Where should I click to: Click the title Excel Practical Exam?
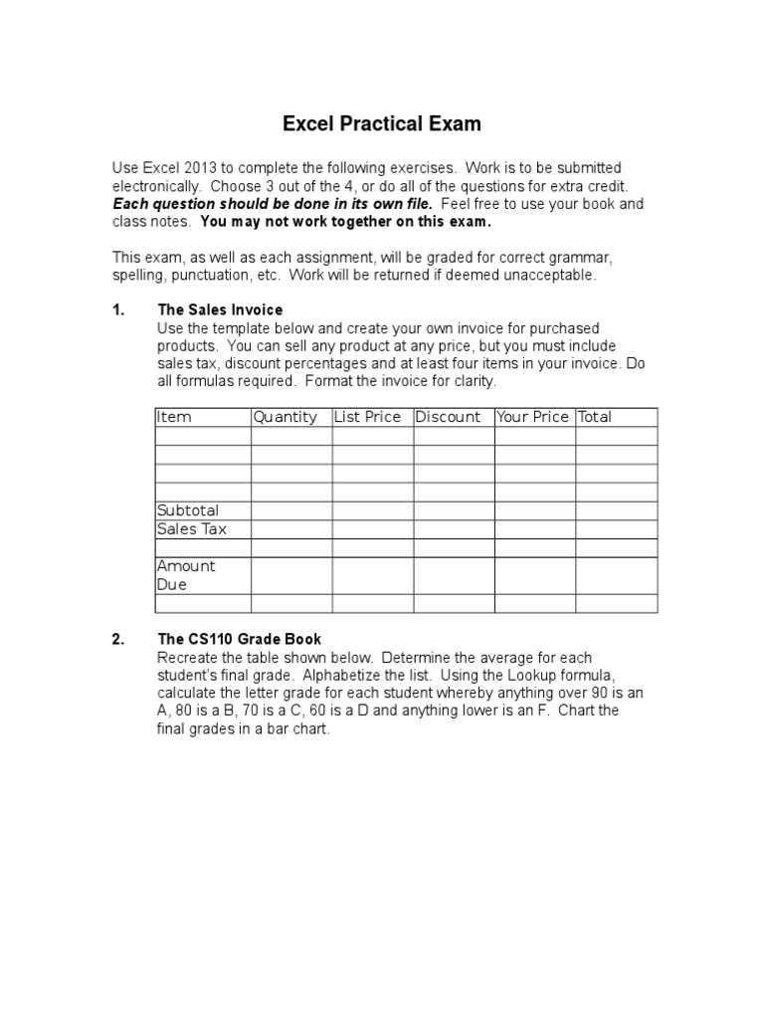[x=382, y=124]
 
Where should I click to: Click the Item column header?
[x=174, y=417]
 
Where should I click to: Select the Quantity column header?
[x=286, y=417]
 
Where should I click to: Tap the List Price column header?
[x=368, y=417]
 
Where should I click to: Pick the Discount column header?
[x=448, y=417]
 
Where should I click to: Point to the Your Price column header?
[x=532, y=417]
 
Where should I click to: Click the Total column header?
[x=595, y=417]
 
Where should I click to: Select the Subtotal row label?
[x=188, y=510]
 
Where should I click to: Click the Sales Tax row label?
[x=192, y=529]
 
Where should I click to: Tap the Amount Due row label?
[x=186, y=575]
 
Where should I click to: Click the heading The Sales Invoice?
[x=220, y=309]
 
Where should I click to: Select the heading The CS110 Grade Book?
[x=239, y=639]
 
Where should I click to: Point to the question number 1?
[x=117, y=309]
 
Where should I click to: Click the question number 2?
[x=117, y=639]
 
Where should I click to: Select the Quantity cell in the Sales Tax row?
[x=290, y=529]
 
